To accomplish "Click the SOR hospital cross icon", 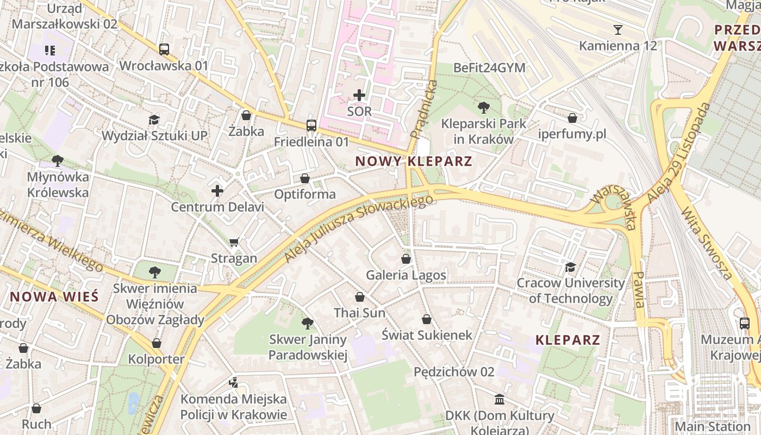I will (359, 95).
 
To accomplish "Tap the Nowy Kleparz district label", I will (414, 161).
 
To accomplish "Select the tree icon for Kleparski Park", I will (483, 107).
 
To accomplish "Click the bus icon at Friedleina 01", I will (311, 126).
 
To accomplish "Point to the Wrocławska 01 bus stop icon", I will (164, 49).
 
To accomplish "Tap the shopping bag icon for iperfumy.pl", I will (572, 117).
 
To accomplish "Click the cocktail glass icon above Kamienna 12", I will (617, 29).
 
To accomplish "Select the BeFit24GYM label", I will (489, 68).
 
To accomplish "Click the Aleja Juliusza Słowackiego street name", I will (359, 229).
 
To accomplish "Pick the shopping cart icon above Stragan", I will (234, 242).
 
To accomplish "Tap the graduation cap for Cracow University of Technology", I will (570, 267).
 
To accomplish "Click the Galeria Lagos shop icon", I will (406, 259).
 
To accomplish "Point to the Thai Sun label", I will (359, 313).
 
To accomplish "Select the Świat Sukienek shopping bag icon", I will (427, 319).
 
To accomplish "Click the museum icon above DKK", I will (500, 400).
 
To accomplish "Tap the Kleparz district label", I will (567, 340).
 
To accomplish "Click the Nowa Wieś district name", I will (54, 297).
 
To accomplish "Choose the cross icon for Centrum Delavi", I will (217, 191).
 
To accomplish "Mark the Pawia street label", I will (640, 289).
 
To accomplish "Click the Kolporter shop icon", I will (157, 343).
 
